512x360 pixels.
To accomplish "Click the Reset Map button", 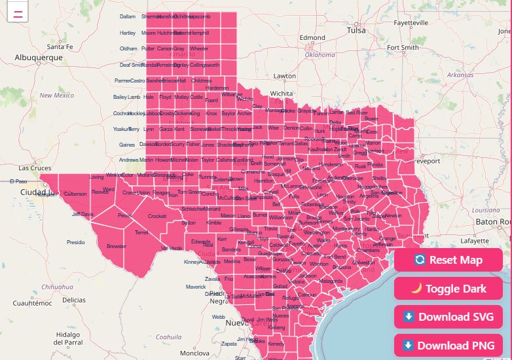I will click(448, 260).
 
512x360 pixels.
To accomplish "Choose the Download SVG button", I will click(448, 317).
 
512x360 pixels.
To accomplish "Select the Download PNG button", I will click(448, 346).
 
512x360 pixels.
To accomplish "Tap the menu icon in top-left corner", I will click(18, 12).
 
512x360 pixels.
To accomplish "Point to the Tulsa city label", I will click(356, 30).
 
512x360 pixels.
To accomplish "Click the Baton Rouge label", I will click(494, 222).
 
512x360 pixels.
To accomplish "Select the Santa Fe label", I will click(60, 46).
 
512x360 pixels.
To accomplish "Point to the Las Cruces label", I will click(35, 168).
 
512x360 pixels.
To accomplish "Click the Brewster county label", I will click(117, 246).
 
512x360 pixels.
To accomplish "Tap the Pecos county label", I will click(124, 215).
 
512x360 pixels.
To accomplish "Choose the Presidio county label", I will click(76, 242).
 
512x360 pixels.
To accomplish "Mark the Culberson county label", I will click(75, 194).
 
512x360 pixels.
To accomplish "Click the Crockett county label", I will click(157, 216).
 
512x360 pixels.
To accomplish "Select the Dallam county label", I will click(128, 16).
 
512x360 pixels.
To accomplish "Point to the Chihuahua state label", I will click(58, 287).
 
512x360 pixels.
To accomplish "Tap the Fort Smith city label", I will click(403, 47).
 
